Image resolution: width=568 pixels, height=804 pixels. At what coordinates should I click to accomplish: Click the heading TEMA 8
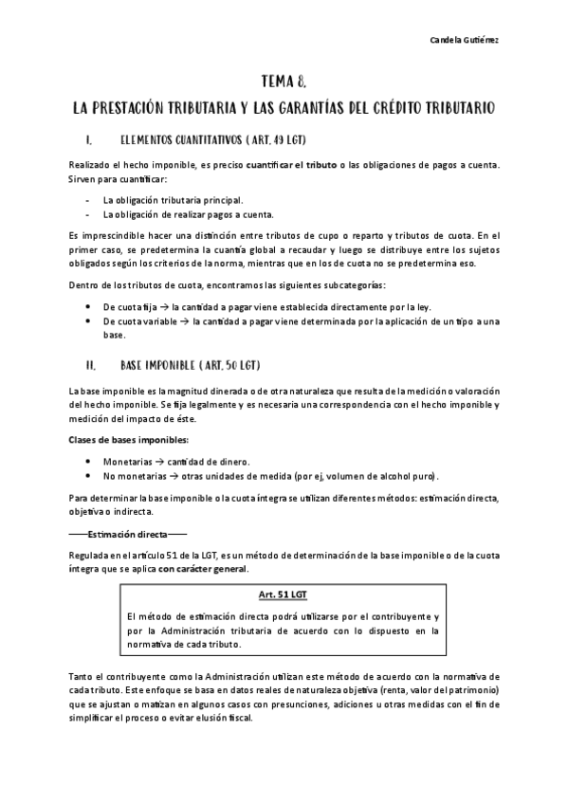pos(284,82)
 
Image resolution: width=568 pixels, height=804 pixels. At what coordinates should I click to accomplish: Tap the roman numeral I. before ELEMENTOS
pos(88,141)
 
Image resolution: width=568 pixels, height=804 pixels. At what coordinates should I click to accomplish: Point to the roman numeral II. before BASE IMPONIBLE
pos(90,365)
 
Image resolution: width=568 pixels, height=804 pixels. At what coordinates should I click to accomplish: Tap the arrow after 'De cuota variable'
pos(183,322)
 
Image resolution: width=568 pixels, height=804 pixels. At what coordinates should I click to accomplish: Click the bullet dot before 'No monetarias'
pos(88,475)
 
